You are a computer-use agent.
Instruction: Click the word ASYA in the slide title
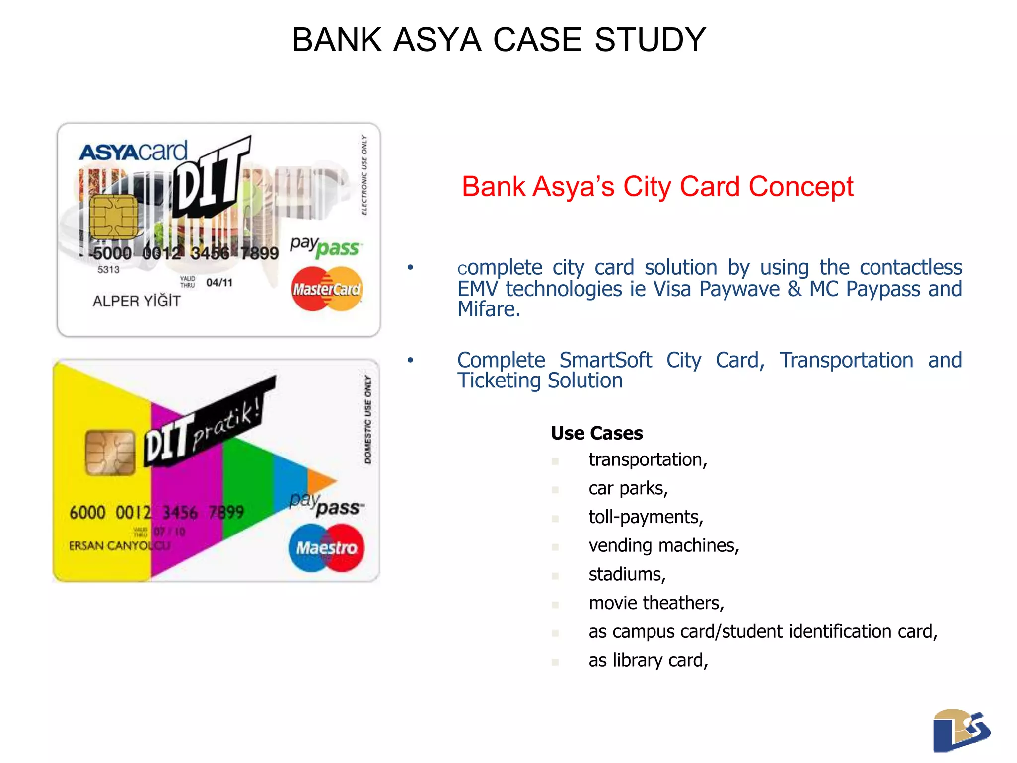point(437,40)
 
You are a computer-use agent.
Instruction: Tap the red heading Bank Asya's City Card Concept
point(657,187)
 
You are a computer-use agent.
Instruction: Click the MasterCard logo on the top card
point(326,289)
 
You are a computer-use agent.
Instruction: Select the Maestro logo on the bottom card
point(326,547)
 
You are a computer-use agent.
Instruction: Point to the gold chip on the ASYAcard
point(114,217)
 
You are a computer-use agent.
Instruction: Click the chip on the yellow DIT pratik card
point(110,453)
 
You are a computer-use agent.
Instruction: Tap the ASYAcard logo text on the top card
point(133,152)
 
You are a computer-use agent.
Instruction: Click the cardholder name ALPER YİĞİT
point(137,301)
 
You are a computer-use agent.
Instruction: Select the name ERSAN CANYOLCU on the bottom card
point(119,546)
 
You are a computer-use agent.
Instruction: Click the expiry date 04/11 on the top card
point(219,283)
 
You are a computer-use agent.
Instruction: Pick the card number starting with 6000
point(156,512)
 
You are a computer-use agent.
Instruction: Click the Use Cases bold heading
point(596,433)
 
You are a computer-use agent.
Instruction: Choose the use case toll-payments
point(646,517)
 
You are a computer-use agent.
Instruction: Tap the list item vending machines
point(663,546)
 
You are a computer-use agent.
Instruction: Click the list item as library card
point(648,660)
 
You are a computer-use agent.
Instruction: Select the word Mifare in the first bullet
point(488,310)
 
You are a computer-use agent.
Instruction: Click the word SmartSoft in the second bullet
point(605,360)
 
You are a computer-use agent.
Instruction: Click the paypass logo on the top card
point(326,247)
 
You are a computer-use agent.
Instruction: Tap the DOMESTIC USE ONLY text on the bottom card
point(368,420)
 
